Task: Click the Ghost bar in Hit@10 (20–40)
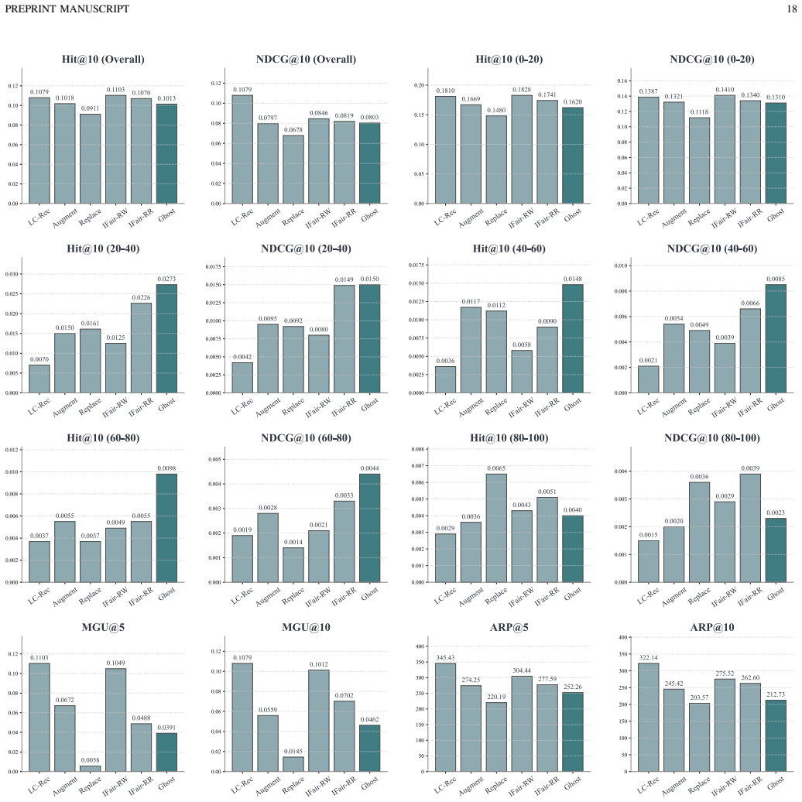click(166, 338)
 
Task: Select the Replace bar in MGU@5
click(90, 768)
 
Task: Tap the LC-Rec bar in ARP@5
click(445, 717)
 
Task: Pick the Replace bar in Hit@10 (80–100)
click(496, 528)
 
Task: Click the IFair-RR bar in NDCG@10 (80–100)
click(750, 528)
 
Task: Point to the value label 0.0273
click(166, 279)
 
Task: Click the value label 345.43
click(445, 658)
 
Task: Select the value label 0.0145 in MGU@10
click(293, 752)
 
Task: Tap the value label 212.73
click(776, 694)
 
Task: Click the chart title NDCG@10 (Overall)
click(306, 60)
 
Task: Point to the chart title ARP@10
click(712, 627)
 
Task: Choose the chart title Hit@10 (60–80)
click(103, 438)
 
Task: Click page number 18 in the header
click(792, 9)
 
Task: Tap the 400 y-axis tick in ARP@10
click(622, 637)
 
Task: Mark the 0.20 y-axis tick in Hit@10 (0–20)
click(419, 85)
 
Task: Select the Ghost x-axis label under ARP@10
click(776, 783)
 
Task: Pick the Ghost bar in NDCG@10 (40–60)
click(776, 338)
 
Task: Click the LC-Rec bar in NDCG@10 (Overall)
click(242, 149)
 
